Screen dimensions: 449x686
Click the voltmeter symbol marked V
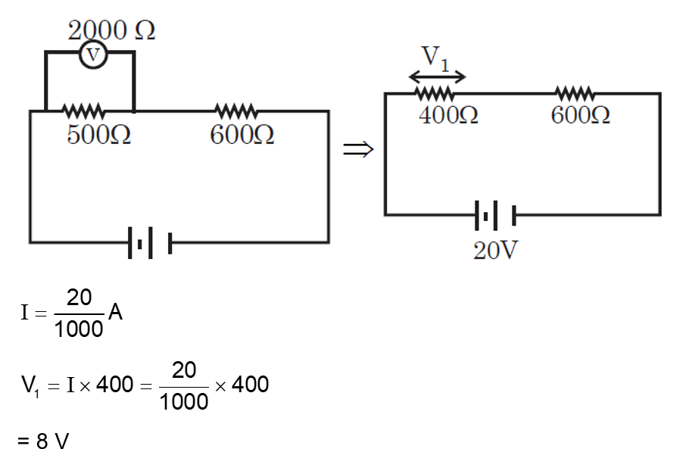click(x=94, y=55)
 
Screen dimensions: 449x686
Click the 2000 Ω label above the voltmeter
click(x=112, y=30)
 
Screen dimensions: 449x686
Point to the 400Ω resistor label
click(x=447, y=116)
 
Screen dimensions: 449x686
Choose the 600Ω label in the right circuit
click(x=581, y=116)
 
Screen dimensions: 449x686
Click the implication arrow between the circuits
click(x=358, y=150)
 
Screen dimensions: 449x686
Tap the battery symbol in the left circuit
click(x=149, y=244)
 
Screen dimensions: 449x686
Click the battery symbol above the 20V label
click(x=495, y=216)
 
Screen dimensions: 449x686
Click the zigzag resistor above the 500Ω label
click(x=83, y=111)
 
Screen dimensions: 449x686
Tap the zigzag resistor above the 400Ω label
click(x=435, y=94)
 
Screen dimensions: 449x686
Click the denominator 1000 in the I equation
click(x=79, y=329)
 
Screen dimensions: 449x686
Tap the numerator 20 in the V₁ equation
click(x=184, y=369)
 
